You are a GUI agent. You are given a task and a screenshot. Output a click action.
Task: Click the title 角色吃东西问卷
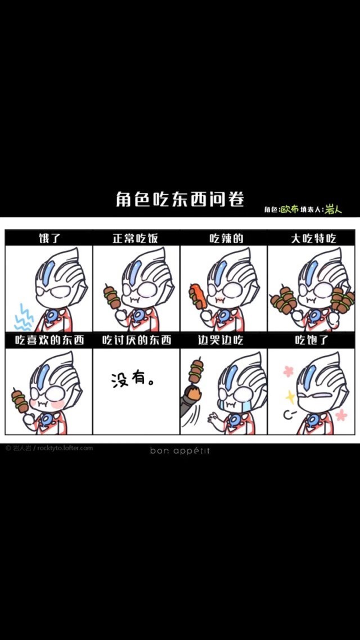tap(179, 199)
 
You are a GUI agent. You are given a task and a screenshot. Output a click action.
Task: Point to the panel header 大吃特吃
tap(312, 238)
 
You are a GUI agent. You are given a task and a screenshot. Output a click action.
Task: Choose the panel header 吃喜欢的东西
tap(49, 341)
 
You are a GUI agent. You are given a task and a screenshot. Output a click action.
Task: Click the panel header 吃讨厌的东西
tap(137, 341)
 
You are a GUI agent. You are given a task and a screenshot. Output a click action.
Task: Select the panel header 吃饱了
tap(312, 341)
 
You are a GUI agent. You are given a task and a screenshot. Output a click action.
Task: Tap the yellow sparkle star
tap(290, 396)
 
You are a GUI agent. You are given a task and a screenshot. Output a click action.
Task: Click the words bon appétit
tap(179, 450)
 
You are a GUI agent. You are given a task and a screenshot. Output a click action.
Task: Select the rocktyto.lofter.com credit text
tap(65, 448)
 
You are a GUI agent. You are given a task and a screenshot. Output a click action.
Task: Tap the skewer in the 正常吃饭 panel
tap(112, 298)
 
